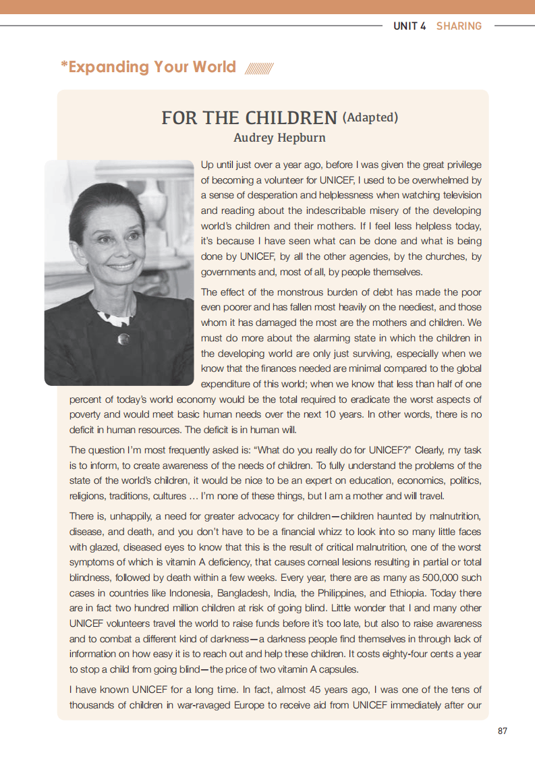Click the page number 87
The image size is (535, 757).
pyautogui.click(x=502, y=731)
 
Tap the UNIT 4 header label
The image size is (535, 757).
pyautogui.click(x=410, y=26)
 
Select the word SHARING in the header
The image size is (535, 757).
pyautogui.click(x=459, y=26)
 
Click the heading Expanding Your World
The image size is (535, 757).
pyautogui.click(x=148, y=67)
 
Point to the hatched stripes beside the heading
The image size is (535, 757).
pyautogui.click(x=259, y=69)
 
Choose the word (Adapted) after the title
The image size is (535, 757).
pyautogui.click(x=370, y=117)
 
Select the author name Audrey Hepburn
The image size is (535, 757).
pyautogui.click(x=279, y=138)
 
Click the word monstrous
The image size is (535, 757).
pyautogui.click(x=285, y=292)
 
